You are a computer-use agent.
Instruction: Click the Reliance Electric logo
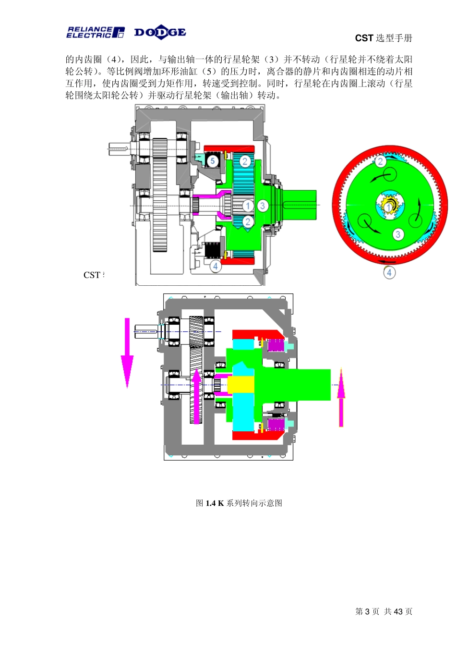tap(95, 32)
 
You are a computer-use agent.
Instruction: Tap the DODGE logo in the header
tap(160, 32)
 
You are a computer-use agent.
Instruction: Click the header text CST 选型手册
tap(384, 38)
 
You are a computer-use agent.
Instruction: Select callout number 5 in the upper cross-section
tap(213, 161)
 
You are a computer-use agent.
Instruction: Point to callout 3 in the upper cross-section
tap(262, 206)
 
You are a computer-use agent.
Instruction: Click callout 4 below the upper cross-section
tap(216, 266)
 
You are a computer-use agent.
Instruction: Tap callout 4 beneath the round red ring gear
tap(389, 272)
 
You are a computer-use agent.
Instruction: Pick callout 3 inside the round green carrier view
tap(397, 234)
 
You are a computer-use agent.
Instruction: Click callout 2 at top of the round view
tap(380, 161)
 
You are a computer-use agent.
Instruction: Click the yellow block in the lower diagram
tap(240, 384)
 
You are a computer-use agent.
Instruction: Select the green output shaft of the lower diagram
tap(307, 384)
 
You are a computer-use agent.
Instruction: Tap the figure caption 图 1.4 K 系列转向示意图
tap(239, 503)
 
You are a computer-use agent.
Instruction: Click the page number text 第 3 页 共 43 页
tap(384, 611)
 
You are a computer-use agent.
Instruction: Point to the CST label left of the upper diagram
tap(92, 275)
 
